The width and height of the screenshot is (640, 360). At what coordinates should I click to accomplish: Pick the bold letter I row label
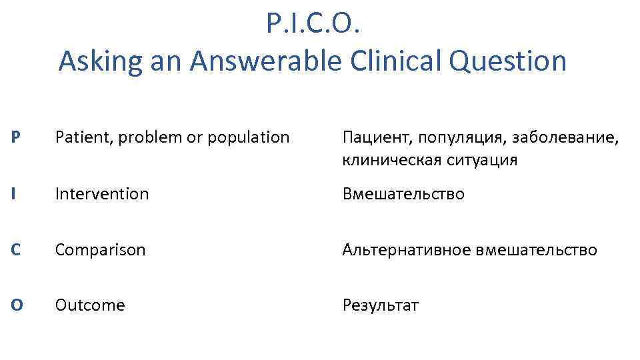[x=14, y=194]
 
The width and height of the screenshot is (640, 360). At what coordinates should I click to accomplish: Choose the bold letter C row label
[x=17, y=250]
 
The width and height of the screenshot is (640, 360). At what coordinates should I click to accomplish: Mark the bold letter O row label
[x=17, y=305]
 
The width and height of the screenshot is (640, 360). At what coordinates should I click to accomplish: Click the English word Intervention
[x=102, y=194]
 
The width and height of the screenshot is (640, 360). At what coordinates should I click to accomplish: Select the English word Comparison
[x=100, y=250]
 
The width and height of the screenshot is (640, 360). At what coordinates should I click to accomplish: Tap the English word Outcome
[x=90, y=305]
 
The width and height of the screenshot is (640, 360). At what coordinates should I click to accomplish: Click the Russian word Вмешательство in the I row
[x=403, y=194]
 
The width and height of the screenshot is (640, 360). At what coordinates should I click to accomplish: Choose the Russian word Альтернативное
[x=406, y=250]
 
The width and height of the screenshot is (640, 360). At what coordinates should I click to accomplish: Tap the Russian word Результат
[x=380, y=305]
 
